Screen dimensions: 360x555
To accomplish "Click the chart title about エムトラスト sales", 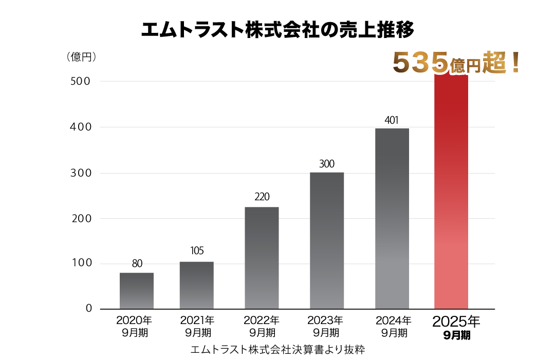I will tap(277, 29).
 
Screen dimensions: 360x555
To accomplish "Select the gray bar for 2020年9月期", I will tap(137, 291).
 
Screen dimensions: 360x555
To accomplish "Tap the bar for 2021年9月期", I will tap(197, 285).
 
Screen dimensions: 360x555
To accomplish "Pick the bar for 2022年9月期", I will tap(262, 258).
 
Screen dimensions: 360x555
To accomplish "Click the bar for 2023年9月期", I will tap(327, 240).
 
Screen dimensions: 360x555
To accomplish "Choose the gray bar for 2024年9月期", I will tap(392, 218).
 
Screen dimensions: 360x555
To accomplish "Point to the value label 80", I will tap(137, 264).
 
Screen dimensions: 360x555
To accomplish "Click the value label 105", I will tap(197, 251).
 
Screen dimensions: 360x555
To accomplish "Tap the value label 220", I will tap(262, 197).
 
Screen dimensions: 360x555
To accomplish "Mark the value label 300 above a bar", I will tap(327, 164).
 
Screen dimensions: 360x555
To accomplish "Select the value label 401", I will tap(392, 121).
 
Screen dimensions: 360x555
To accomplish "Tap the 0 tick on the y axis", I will tap(89, 309).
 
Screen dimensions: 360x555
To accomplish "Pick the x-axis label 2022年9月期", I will tap(262, 327).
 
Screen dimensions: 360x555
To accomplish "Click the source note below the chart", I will tap(277, 350).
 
